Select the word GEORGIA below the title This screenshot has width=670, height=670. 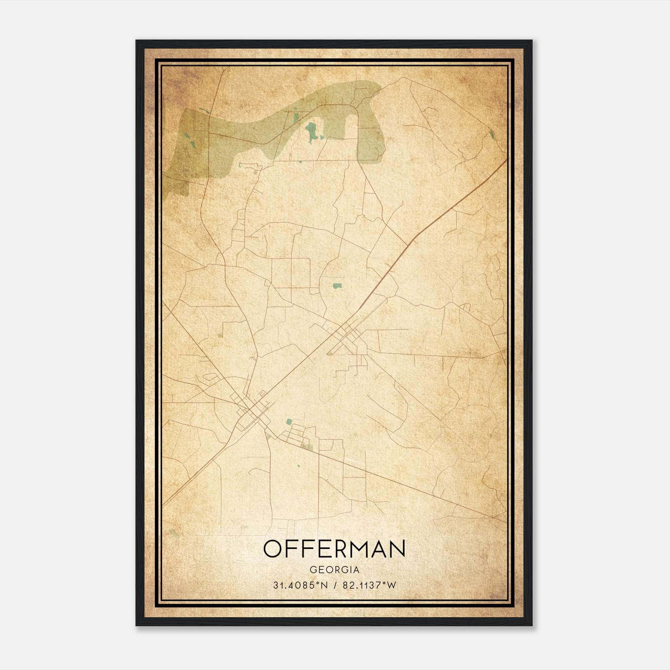pos(334,570)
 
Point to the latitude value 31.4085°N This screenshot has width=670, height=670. pos(300,585)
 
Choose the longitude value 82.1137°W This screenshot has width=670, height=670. pos(369,585)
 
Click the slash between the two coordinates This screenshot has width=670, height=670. pos(335,585)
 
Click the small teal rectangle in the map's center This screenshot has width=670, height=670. pos(337,286)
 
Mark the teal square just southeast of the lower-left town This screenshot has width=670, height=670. pos(289,422)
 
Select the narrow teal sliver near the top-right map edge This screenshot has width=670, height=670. pos(492,134)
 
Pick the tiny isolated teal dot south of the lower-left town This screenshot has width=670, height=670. pos(299,466)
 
